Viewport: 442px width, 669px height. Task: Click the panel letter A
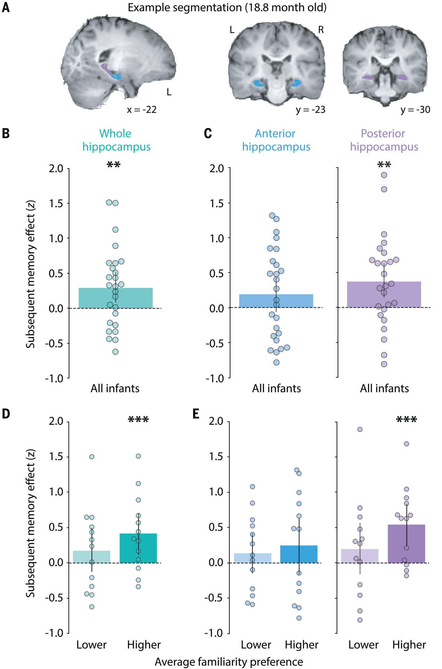point(6,7)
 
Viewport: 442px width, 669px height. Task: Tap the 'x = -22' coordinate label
point(142,110)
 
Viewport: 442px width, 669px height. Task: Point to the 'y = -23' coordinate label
point(310,110)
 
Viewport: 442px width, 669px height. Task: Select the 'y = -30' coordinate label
point(415,110)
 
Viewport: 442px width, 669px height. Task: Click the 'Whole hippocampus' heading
point(116,140)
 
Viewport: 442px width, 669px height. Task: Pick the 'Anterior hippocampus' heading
point(276,140)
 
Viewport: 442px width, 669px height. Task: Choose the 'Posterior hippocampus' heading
point(384,140)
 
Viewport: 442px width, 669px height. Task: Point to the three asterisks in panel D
point(138,420)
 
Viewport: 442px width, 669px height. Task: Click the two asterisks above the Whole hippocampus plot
point(114,165)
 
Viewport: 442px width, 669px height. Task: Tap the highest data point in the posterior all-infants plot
point(384,175)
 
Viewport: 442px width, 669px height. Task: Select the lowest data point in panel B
point(115,352)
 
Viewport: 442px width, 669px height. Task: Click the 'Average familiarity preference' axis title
point(229,662)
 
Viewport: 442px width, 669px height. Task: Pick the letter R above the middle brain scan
point(321,30)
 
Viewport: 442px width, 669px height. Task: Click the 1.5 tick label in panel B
point(56,203)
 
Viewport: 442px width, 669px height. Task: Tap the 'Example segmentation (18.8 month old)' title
point(227,7)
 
